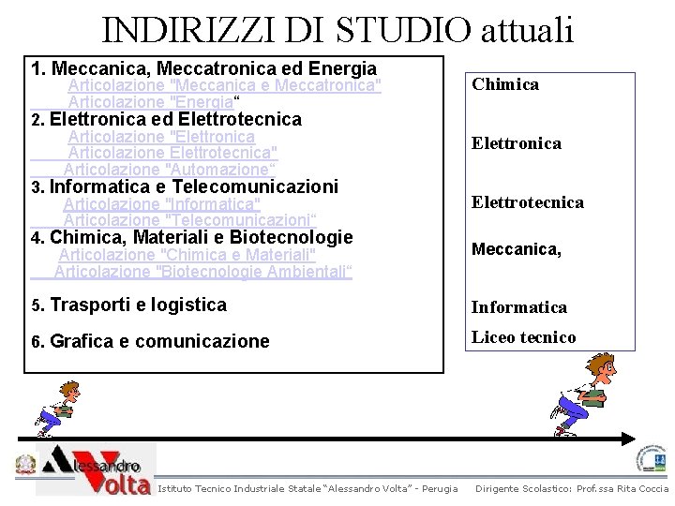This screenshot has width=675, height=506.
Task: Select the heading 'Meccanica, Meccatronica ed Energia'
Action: pos(213,68)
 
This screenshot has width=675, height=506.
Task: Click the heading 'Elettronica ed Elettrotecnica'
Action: pos(175,119)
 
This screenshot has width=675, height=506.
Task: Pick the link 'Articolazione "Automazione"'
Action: pos(169,170)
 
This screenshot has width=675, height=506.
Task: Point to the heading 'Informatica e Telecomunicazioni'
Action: pos(193,186)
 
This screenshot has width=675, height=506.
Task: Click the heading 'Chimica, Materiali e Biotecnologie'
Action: pos(201,237)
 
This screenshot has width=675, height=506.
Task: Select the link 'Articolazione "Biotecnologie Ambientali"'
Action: pos(202,272)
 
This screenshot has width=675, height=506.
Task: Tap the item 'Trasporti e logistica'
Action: pos(138,305)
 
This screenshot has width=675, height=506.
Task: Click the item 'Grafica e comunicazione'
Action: pos(159,341)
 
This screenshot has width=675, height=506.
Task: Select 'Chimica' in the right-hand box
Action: pos(505,84)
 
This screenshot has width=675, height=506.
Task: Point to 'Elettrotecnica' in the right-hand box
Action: pos(527,202)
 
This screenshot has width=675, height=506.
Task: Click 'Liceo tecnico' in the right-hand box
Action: pos(523,337)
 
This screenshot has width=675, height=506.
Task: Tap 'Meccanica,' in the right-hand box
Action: pos(516,249)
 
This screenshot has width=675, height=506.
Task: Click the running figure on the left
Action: pos(54,408)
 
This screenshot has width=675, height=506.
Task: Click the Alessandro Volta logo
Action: pos(94,469)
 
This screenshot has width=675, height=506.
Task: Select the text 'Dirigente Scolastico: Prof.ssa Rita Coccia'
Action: pos(572,488)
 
